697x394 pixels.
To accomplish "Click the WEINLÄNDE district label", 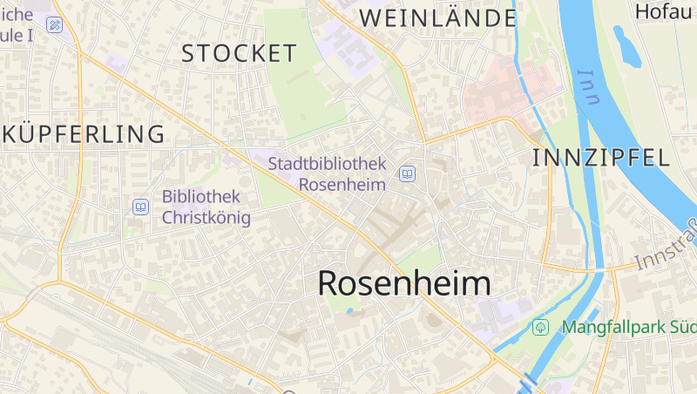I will (x=438, y=17).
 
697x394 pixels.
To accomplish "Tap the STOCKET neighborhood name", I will (x=239, y=53).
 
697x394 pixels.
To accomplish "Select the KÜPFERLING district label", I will (x=83, y=134).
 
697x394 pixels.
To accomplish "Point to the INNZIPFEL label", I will (x=601, y=158).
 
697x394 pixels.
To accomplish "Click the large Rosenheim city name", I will (x=403, y=282).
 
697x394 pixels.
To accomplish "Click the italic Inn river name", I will (x=589, y=87).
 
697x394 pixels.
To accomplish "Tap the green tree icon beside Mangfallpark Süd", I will (x=540, y=328).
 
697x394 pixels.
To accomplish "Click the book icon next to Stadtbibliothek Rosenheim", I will (x=407, y=174).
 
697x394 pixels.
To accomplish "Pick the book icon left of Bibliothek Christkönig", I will (x=140, y=207).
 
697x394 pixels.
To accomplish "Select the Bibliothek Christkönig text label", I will (x=206, y=207).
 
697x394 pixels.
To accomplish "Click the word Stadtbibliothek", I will (x=327, y=163).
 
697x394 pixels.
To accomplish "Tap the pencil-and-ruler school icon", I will (x=56, y=24).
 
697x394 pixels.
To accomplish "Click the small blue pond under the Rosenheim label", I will (x=349, y=310).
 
